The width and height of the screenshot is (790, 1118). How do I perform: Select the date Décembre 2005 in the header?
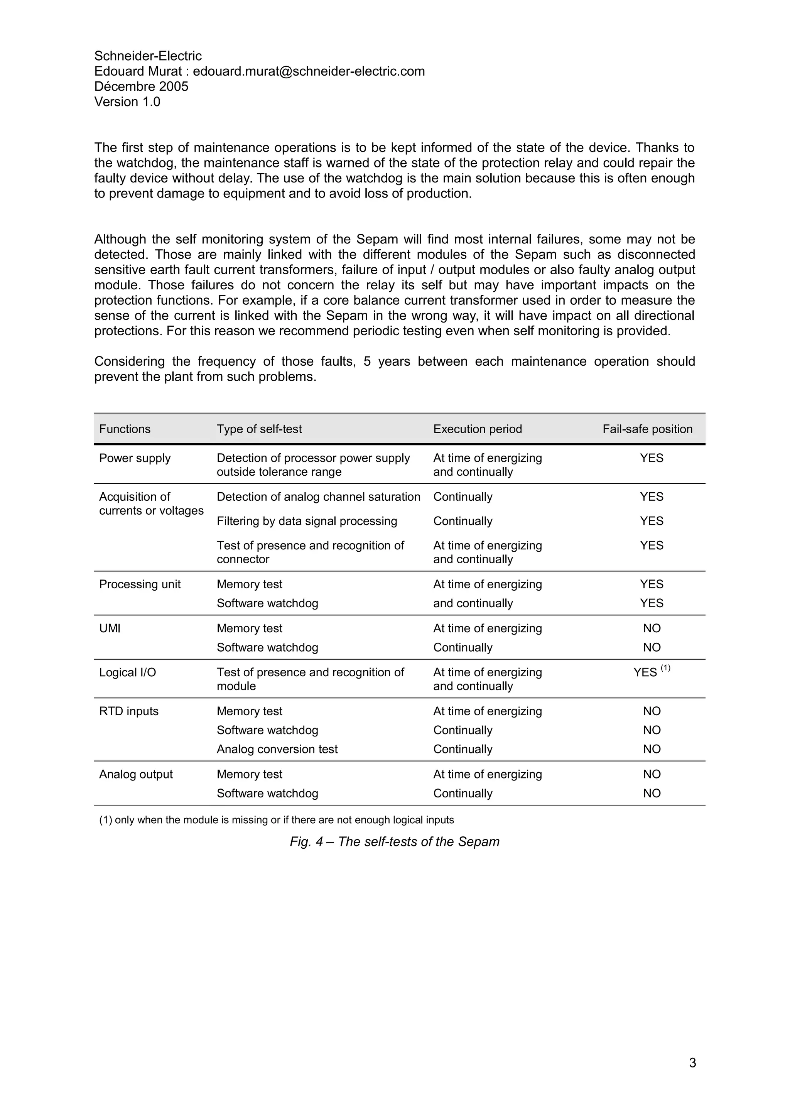pos(141,87)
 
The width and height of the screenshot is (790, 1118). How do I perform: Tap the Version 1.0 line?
pos(127,102)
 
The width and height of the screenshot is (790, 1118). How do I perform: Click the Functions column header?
pos(125,429)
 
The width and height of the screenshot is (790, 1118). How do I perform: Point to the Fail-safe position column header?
pos(647,429)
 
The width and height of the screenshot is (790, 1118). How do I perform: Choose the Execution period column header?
pos(477,429)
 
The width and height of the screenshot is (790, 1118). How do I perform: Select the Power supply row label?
pos(135,458)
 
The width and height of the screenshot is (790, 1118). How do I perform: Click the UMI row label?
pos(110,628)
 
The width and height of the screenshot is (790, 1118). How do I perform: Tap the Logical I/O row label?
pos(128,672)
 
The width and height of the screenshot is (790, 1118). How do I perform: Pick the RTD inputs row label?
pos(128,711)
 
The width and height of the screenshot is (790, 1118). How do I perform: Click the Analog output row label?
pos(136,775)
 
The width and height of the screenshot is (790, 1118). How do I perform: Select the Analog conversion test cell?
pos(277,750)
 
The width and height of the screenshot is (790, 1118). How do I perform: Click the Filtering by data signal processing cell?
pos(307,521)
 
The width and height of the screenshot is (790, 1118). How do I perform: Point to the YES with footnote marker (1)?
pos(651,672)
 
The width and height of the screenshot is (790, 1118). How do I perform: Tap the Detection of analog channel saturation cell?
pos(318,497)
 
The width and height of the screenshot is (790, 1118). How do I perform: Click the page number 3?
pos(692,1063)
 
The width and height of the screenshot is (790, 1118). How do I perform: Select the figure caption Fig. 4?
pos(394,842)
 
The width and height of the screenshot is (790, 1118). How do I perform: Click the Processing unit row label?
pos(140,584)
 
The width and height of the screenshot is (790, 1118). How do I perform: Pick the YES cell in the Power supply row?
pos(651,458)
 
